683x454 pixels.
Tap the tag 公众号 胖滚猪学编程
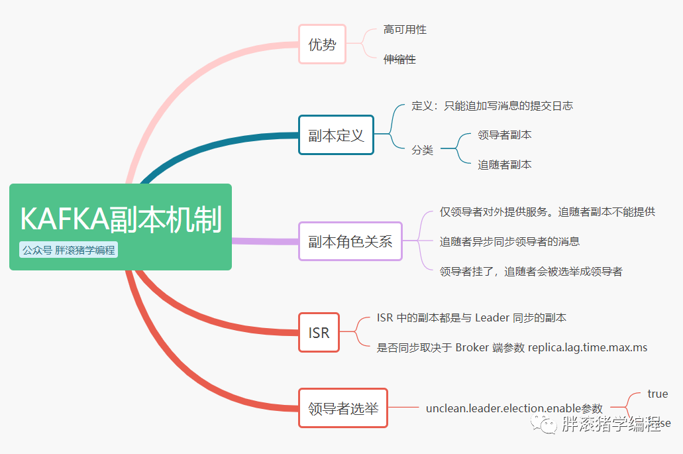[68, 251]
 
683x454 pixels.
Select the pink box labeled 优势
[322, 44]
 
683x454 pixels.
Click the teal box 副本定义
[336, 135]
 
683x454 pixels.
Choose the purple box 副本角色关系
[350, 241]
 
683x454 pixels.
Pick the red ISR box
[319, 332]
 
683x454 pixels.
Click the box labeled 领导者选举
[343, 408]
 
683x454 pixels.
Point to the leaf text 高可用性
[405, 30]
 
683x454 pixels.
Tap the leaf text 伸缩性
[399, 60]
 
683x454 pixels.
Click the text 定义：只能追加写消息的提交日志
[492, 106]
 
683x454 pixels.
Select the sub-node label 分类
[422, 150]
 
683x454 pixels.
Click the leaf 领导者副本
[504, 135]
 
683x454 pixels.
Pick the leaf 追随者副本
[504, 164]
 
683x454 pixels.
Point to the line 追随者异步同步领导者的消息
[509, 242]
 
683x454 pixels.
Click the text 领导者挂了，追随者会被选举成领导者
[531, 271]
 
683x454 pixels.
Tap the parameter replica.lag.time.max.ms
[588, 347]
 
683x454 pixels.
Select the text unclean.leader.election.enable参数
[514, 408]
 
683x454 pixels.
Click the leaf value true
[657, 394]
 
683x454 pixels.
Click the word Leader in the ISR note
[492, 318]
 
